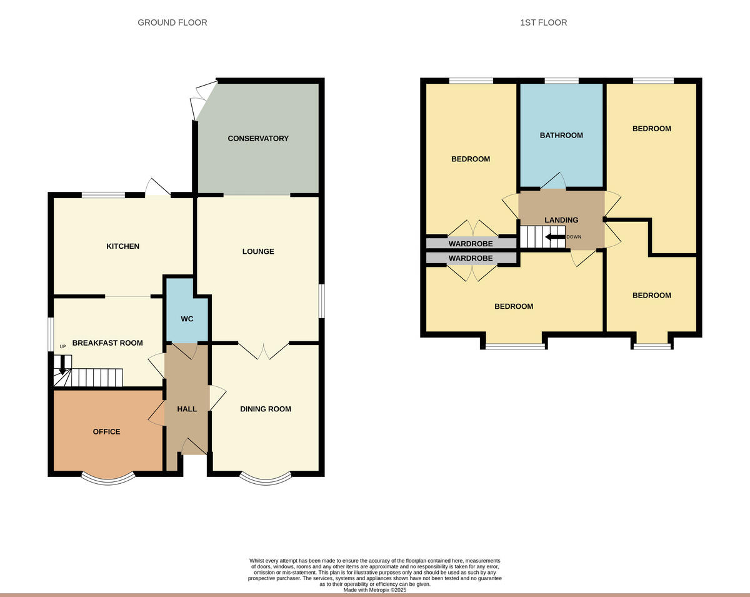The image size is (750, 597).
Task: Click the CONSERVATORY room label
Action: point(257,138)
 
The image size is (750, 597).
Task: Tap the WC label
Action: point(187,319)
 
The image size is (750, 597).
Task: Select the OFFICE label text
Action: point(106,431)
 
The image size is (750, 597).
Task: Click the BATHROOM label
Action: point(561,135)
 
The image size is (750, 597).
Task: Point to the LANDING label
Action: point(561,220)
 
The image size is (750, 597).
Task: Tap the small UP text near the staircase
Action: point(62,346)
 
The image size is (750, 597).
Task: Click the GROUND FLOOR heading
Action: point(172,23)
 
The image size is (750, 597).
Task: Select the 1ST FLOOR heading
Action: point(543,23)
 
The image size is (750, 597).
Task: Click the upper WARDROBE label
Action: point(470,243)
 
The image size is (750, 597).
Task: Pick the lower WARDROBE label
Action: point(470,258)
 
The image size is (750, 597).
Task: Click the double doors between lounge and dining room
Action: point(263,350)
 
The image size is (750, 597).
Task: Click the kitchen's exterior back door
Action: point(157,188)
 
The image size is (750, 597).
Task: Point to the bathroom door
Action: point(554,182)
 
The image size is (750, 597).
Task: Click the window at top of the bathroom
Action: point(561,81)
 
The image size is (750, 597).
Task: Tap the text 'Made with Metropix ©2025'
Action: point(374,589)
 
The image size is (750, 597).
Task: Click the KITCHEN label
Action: point(122,246)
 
